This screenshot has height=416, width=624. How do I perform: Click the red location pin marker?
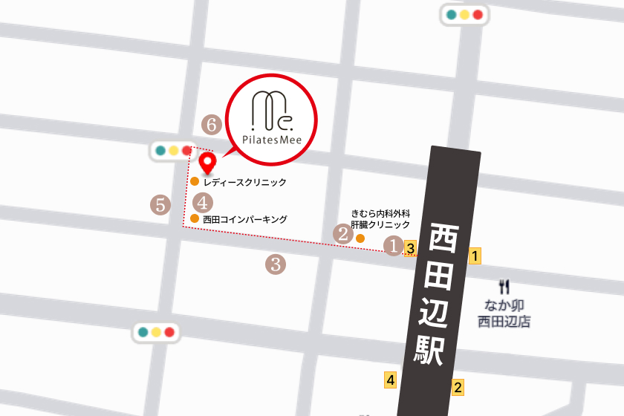point(208,160)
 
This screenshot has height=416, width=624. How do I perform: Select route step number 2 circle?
point(343,234)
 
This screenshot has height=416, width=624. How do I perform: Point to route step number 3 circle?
point(276,263)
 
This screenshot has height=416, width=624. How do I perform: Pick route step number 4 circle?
point(204,201)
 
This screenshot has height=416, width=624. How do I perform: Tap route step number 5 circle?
point(160,204)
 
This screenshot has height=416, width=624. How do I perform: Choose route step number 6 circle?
point(212,125)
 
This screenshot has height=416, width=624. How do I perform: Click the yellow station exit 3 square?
point(410,247)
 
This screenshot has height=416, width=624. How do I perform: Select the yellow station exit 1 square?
point(475,257)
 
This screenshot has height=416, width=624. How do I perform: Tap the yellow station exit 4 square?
point(390,380)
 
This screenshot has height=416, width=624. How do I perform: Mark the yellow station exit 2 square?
point(458,387)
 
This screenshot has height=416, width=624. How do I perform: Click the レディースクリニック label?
point(244,181)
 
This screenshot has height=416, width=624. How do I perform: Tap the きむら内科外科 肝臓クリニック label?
point(380,218)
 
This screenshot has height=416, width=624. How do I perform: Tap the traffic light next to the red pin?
point(172,151)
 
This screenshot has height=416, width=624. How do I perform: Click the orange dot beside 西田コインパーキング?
point(194,218)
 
